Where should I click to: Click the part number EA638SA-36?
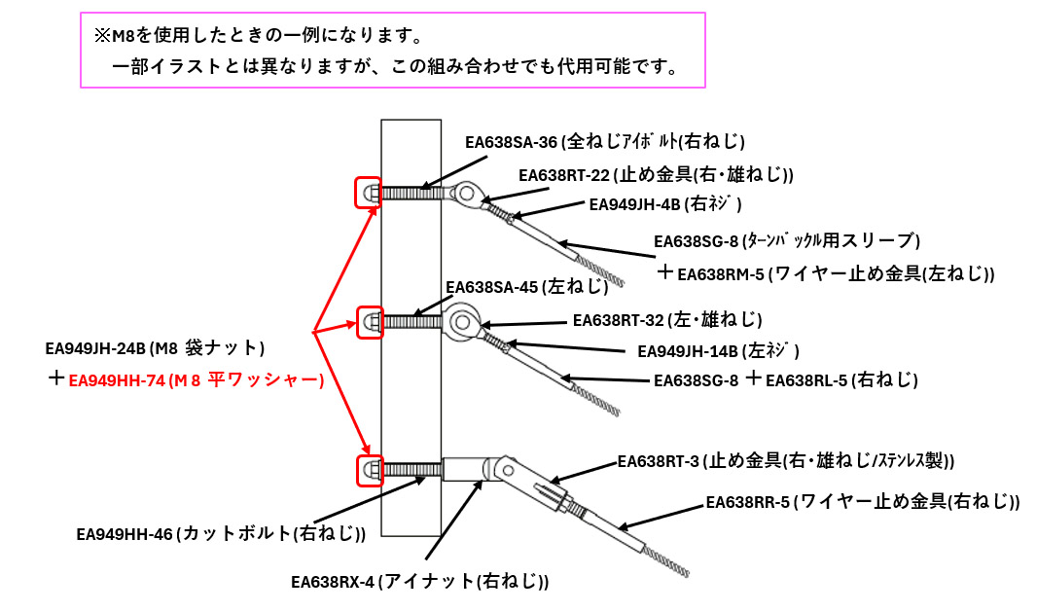(x=511, y=142)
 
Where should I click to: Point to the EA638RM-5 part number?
(x=720, y=274)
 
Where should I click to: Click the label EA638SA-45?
(x=491, y=287)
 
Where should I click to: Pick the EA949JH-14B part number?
(x=687, y=350)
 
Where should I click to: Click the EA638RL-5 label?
(x=805, y=379)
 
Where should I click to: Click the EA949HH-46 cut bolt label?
(x=125, y=533)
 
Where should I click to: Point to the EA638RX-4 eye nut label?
(x=332, y=583)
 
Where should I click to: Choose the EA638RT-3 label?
(x=659, y=460)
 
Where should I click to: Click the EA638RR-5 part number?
(x=748, y=502)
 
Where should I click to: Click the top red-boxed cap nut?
(x=369, y=193)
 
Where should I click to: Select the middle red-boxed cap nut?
(x=369, y=321)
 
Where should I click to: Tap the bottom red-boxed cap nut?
(x=369, y=470)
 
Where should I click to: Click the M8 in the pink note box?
(x=124, y=37)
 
